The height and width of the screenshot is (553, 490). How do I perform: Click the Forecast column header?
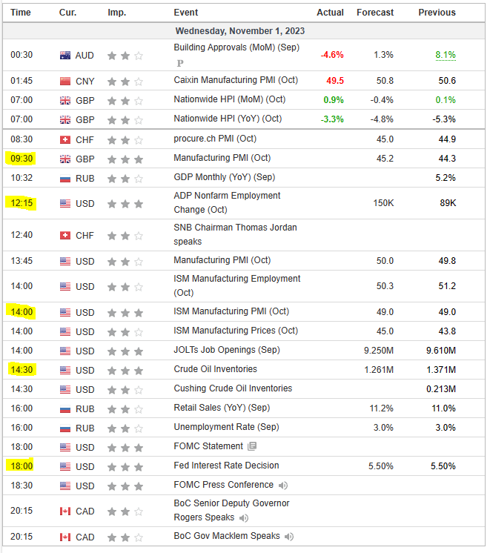tap(375, 13)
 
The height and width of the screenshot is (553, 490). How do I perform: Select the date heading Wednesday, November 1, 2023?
tap(239, 31)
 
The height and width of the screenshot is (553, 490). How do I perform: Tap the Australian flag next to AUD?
tap(65, 55)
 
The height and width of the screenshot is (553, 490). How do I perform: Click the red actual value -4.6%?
tap(331, 55)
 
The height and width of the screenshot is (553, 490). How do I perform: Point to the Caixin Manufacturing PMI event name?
tap(236, 80)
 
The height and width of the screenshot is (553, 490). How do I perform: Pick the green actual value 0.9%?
tap(334, 99)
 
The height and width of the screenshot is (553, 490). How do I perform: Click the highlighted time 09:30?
tap(21, 158)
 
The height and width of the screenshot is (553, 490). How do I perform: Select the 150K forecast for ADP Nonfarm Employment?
tap(383, 202)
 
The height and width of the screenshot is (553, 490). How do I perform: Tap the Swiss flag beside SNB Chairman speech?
tap(65, 235)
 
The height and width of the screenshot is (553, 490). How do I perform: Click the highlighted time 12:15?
tap(21, 202)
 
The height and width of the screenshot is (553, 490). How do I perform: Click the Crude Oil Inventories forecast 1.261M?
tap(378, 369)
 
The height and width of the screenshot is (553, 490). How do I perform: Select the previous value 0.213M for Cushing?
tap(440, 388)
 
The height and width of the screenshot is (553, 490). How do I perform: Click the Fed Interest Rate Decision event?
tap(226, 466)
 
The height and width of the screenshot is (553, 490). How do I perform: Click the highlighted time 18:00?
tap(21, 466)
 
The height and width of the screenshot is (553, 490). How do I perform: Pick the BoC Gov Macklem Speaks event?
tap(227, 536)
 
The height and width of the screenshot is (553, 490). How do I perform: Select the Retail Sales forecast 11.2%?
tap(383, 408)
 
